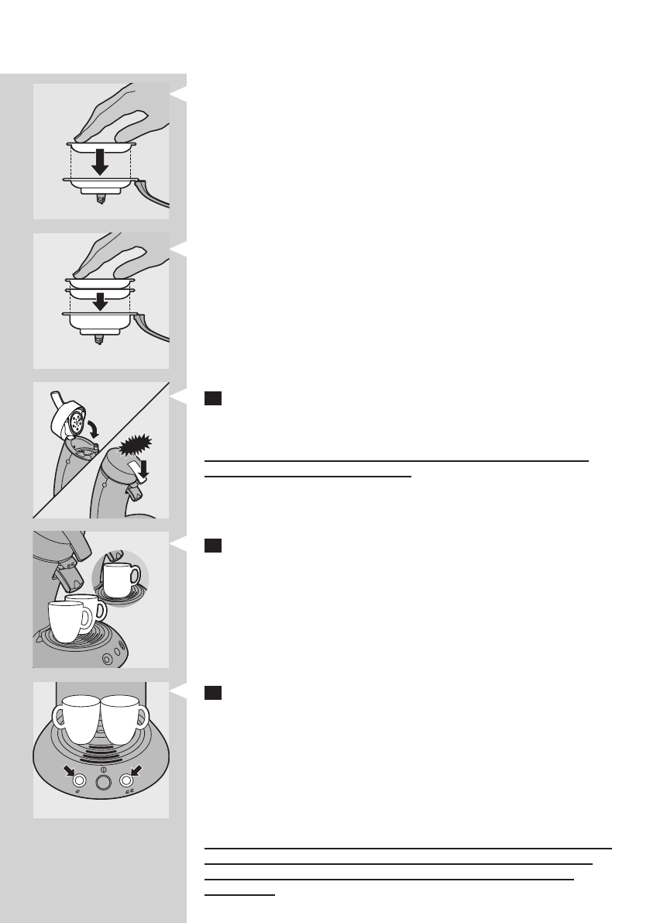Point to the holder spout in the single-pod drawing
click(x=100, y=199)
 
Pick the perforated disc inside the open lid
click(x=75, y=424)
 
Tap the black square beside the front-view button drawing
click(x=214, y=692)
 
